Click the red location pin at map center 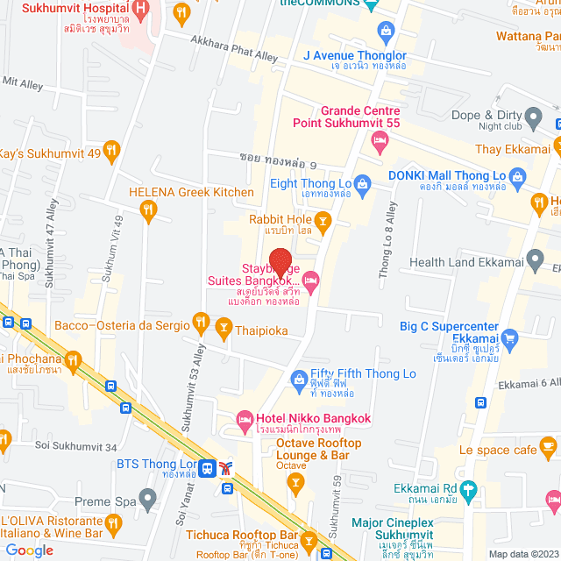pyautogui.click(x=280, y=264)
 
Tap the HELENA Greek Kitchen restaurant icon pyautogui.click(x=148, y=209)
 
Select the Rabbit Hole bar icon pyautogui.click(x=323, y=220)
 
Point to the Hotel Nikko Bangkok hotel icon pyautogui.click(x=245, y=424)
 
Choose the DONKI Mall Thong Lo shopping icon pyautogui.click(x=518, y=177)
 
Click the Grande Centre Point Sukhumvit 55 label pyautogui.click(x=361, y=117)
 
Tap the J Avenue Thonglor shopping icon pyautogui.click(x=386, y=32)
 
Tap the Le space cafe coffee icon pyautogui.click(x=548, y=450)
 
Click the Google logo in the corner pyautogui.click(x=30, y=550)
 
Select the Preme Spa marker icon pyautogui.click(x=147, y=501)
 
